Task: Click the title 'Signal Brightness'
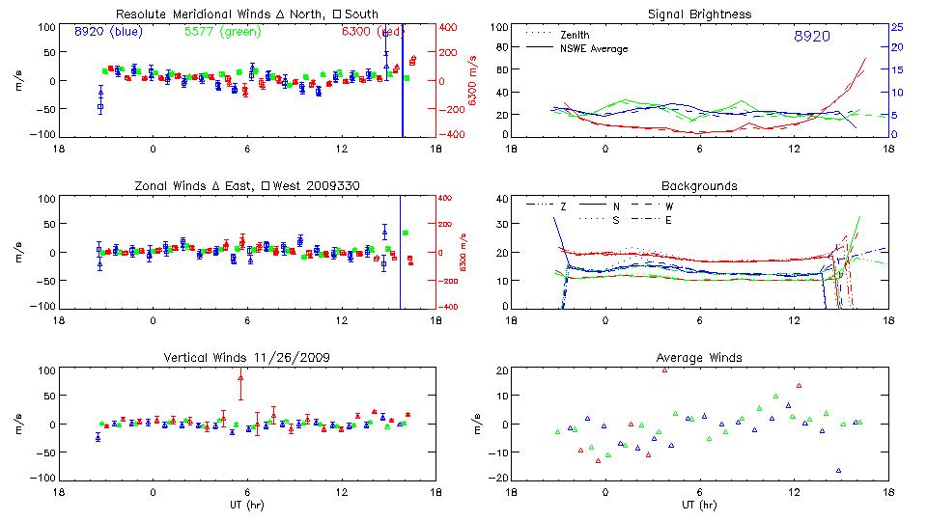click(700, 14)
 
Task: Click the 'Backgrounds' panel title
click(700, 185)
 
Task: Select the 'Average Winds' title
click(700, 358)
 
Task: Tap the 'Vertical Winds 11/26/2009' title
click(247, 358)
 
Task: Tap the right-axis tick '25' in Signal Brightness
click(896, 27)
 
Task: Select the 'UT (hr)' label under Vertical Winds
click(247, 504)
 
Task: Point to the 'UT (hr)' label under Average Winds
click(700, 504)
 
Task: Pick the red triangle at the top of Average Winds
click(665, 370)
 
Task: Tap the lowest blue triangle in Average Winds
click(838, 470)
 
